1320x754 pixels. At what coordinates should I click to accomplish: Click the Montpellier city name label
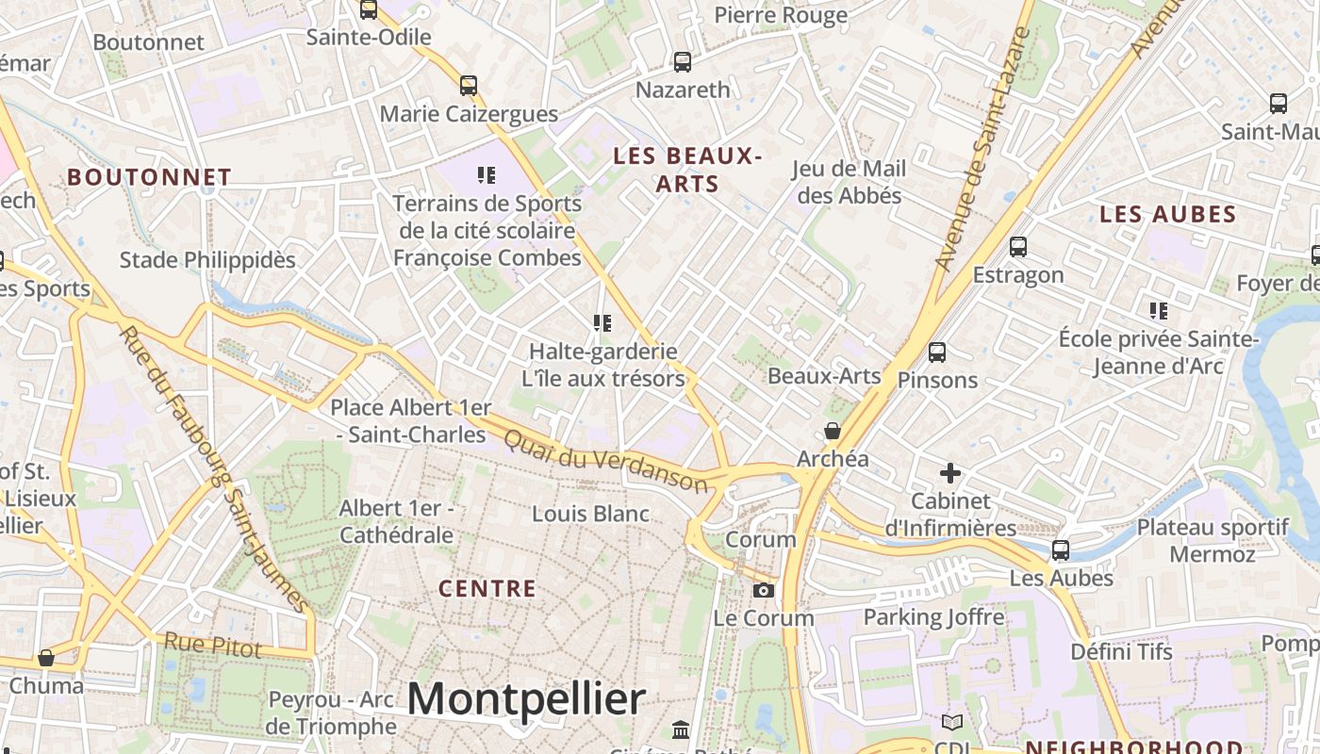coord(526,699)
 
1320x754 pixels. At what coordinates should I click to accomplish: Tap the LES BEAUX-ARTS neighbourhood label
coord(687,170)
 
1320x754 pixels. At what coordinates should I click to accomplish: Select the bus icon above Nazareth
coord(683,62)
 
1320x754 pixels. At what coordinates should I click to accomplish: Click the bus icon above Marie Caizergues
coord(469,86)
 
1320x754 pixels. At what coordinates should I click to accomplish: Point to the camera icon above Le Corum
coord(764,591)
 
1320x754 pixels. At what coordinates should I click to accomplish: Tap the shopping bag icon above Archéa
coord(833,432)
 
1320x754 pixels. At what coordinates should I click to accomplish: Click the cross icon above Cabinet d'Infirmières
coord(950,472)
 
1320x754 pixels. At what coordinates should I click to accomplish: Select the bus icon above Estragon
coord(1018,247)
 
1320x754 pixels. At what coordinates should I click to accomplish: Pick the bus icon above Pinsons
coord(937,352)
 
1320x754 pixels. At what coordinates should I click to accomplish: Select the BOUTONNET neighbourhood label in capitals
coord(149,177)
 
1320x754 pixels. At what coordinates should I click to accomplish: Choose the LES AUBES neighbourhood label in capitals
coord(1167,215)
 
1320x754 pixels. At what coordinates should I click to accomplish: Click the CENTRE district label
coord(487,589)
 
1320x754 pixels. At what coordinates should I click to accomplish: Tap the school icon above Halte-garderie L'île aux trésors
coord(602,323)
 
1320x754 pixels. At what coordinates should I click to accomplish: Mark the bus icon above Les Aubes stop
coord(1061,550)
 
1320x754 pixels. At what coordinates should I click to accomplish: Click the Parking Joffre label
coord(933,617)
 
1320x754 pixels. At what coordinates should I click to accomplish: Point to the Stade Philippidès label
coord(207,260)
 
